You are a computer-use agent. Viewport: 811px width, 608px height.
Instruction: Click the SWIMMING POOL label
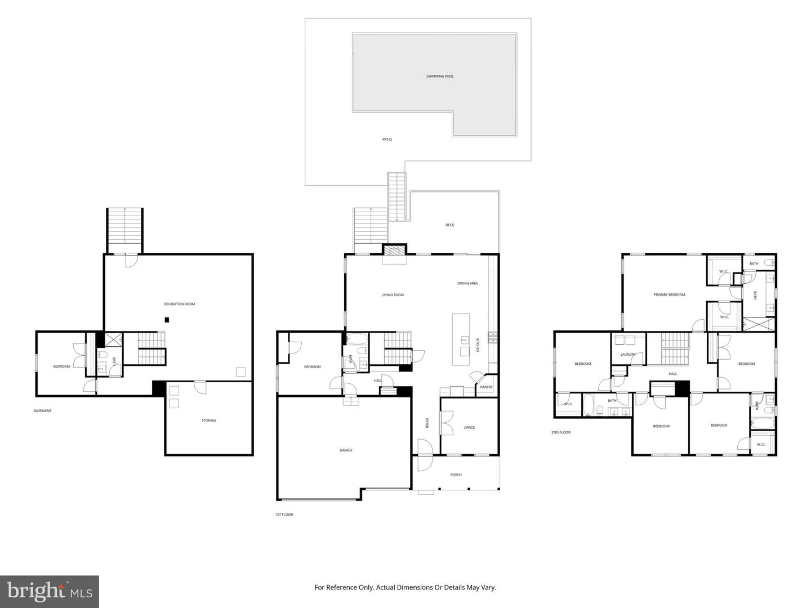tap(440, 77)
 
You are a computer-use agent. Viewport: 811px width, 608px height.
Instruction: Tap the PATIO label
tap(387, 140)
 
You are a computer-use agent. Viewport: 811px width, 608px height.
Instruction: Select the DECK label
tap(449, 225)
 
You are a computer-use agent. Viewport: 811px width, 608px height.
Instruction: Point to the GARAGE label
tap(346, 450)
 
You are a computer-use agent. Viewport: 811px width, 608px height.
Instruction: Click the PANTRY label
tap(486, 387)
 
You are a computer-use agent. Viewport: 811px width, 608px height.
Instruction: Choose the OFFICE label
tap(469, 427)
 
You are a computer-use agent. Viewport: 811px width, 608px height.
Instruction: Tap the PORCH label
tap(456, 475)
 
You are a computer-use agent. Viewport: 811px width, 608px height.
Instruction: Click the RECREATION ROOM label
tap(179, 304)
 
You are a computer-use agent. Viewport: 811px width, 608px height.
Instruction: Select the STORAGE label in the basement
tap(209, 420)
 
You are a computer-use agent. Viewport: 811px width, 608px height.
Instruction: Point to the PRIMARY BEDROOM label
tap(669, 295)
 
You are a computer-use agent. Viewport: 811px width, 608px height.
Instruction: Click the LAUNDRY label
tap(628, 355)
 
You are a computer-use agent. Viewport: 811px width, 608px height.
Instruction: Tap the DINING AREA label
tap(467, 284)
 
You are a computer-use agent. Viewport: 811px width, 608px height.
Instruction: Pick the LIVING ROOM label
tap(393, 295)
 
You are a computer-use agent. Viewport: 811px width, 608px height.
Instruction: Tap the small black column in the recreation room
tap(167, 320)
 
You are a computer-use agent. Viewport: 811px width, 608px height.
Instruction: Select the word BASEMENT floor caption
tap(42, 411)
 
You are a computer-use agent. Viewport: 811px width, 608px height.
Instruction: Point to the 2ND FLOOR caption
tap(561, 432)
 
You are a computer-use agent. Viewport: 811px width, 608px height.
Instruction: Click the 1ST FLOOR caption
tap(284, 515)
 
